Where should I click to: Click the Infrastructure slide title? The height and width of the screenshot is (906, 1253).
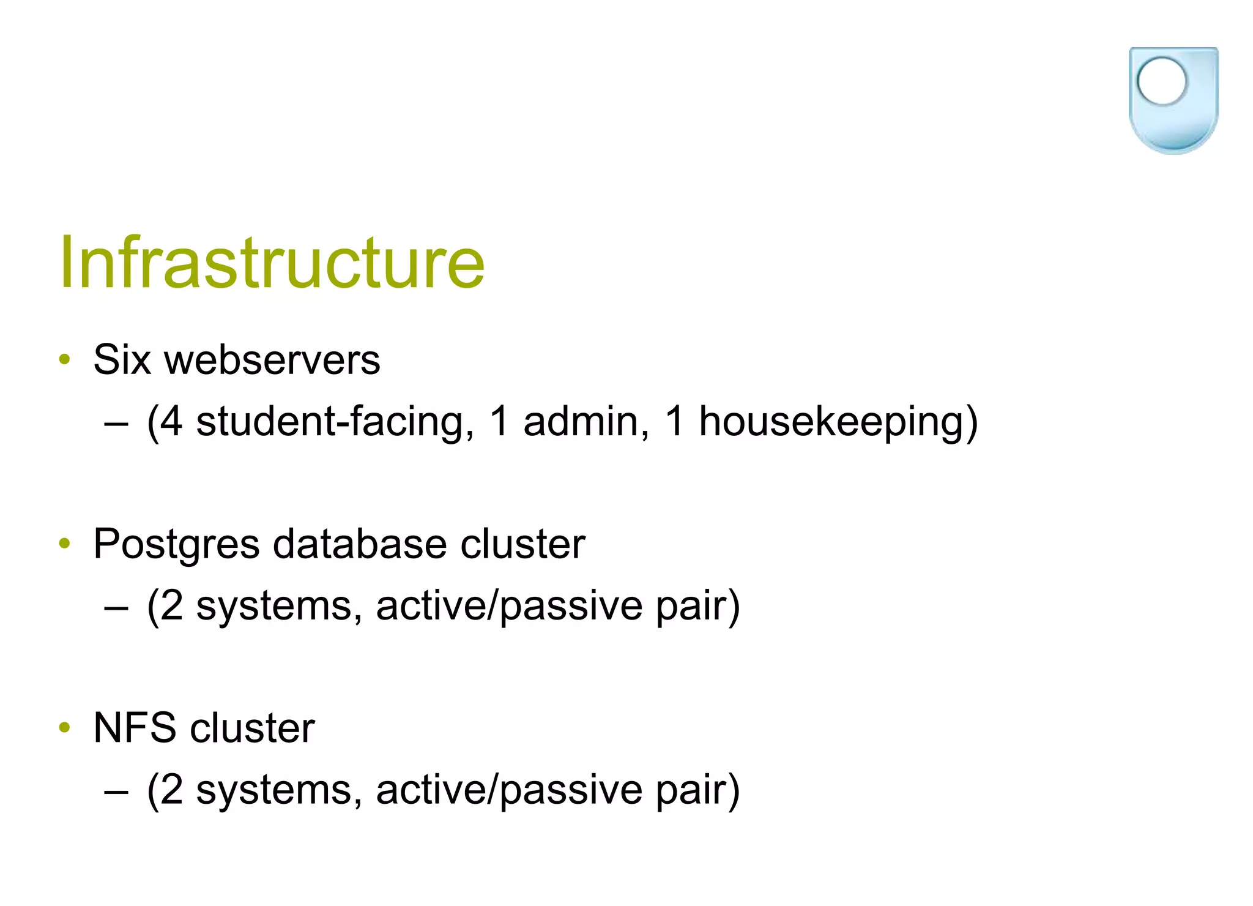click(272, 263)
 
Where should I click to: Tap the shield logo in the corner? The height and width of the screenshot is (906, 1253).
click(1173, 101)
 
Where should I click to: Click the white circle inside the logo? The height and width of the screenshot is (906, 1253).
click(1161, 81)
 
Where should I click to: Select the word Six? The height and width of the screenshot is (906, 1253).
click(122, 359)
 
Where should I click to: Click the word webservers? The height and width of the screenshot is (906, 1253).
click(272, 361)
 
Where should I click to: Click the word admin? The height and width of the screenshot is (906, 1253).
click(586, 422)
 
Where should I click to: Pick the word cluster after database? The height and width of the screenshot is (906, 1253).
click(522, 544)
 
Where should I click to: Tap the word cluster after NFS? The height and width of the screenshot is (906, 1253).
click(252, 728)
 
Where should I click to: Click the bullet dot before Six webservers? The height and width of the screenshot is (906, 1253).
click(65, 359)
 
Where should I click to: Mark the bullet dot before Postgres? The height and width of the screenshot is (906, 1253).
click(65, 544)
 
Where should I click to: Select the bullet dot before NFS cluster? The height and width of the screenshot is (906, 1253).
click(65, 728)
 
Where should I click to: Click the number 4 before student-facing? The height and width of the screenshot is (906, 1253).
click(171, 422)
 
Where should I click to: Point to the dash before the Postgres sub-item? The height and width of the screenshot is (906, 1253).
click(116, 608)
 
